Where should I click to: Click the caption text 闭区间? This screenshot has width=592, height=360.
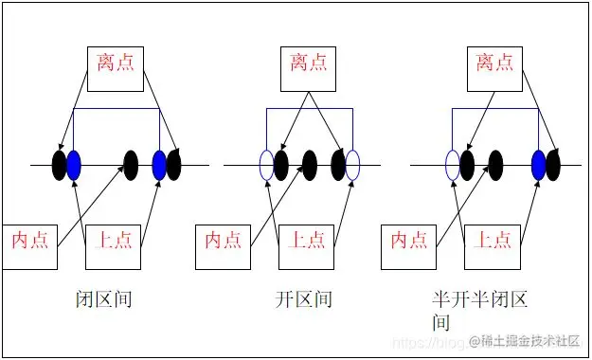point(103,300)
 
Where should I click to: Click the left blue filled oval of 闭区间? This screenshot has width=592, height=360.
point(74,165)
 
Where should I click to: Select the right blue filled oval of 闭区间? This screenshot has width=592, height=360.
point(159,165)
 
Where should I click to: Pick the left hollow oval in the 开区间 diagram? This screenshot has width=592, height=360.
point(266,165)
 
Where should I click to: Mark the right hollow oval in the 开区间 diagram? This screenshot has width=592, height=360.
point(353,165)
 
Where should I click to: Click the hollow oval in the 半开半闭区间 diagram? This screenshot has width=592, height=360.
point(453,165)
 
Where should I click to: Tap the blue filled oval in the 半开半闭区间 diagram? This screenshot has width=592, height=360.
point(539,165)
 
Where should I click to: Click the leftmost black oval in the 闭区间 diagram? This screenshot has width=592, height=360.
point(60,165)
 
